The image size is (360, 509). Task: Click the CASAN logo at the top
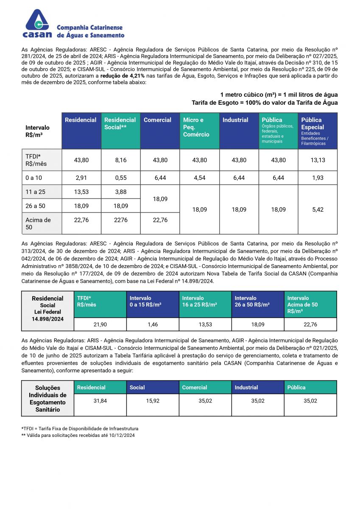click(x=38, y=24)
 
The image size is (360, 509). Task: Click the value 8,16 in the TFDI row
click(x=120, y=160)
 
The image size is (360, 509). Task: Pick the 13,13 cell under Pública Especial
click(x=318, y=160)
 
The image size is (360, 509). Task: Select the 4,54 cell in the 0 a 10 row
click(x=199, y=178)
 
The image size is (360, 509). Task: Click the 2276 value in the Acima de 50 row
click(x=120, y=220)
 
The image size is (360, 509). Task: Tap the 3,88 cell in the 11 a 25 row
click(x=120, y=192)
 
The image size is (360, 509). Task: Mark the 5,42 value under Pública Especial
click(x=318, y=209)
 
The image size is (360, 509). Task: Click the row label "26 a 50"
click(x=35, y=206)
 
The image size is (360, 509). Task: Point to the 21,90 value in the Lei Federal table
click(x=100, y=324)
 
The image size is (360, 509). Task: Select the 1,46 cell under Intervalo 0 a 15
click(x=153, y=324)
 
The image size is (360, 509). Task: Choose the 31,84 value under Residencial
click(x=100, y=401)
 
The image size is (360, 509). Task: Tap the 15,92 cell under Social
click(x=153, y=401)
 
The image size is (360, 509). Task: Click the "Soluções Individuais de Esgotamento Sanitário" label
click(x=47, y=398)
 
